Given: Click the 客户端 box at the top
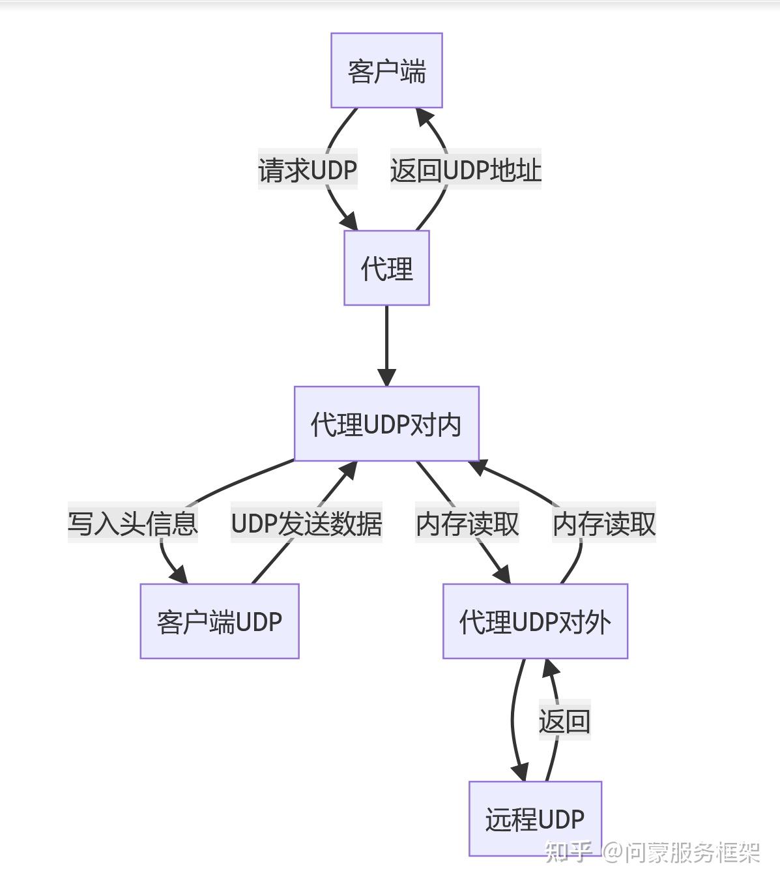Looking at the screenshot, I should pos(386,70).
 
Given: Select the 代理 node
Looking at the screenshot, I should pos(386,268).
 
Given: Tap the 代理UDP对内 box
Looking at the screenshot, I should pos(386,424).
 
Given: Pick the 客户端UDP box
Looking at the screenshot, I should pos(220,621).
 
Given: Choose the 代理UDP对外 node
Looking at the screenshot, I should pos(535,621).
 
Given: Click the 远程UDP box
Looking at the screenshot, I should pos(535,819).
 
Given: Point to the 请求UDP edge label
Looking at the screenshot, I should pos(308,170).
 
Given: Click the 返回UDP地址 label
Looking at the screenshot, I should pos(465,170).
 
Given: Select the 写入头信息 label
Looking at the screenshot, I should pos(133,523).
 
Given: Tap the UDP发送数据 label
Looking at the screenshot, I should pos(306,523).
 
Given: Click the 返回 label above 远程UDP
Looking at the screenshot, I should pos(564,722).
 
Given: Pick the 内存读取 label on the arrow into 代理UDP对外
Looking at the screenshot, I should pos(467,523).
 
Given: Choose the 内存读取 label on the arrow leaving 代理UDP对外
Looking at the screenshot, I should pos(604,523).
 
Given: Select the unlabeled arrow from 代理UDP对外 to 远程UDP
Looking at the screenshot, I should pos(513,717).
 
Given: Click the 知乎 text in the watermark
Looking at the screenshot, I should pos(568,851).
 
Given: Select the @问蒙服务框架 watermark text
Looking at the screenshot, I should pos(681,851).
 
